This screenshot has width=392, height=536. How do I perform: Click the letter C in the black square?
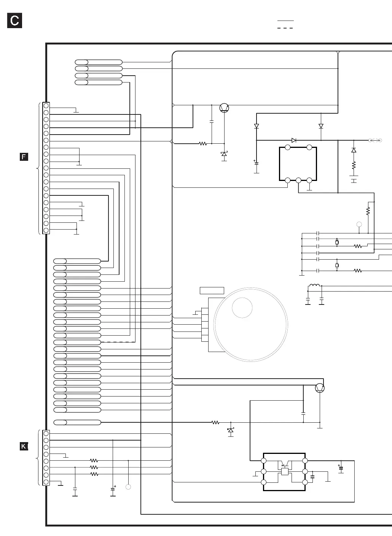tap(14, 21)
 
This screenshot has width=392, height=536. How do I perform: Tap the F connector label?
tap(24, 157)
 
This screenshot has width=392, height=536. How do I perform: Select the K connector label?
tap(24, 446)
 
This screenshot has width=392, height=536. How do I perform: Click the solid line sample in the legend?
tap(285, 20)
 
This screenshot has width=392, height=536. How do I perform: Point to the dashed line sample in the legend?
tap(285, 28)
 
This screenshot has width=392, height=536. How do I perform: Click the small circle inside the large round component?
tap(242, 307)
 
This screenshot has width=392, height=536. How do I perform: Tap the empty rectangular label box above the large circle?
tap(212, 291)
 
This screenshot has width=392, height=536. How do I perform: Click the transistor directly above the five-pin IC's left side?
tap(225, 108)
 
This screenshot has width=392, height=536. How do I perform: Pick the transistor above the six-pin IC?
tap(320, 388)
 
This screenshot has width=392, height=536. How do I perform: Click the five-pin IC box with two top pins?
tap(298, 164)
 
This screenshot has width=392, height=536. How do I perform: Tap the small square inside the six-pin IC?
tap(285, 471)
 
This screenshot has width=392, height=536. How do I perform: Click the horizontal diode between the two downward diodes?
tap(294, 140)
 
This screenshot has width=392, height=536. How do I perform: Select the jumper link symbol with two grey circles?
tap(375, 141)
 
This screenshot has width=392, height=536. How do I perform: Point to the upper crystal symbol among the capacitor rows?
tap(337, 242)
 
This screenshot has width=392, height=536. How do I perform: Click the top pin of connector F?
tap(46, 106)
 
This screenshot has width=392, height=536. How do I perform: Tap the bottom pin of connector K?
tap(46, 482)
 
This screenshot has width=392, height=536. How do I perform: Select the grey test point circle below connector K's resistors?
tap(129, 487)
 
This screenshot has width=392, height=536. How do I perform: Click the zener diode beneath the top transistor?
tap(224, 154)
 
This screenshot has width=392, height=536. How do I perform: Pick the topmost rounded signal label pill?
tap(99, 62)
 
